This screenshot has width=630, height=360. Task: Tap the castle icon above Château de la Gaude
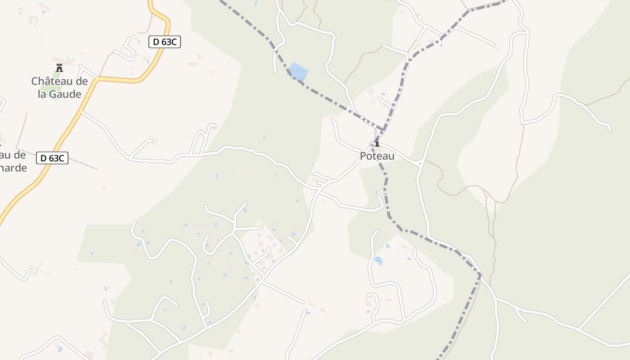click(59, 68)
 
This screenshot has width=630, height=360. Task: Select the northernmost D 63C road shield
click(165, 42)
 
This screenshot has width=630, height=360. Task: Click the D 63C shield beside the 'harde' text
click(52, 158)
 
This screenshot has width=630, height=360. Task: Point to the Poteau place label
click(377, 156)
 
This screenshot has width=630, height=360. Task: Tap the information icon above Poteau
click(377, 143)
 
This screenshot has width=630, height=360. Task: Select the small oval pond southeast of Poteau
click(378, 261)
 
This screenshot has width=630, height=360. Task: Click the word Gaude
click(66, 94)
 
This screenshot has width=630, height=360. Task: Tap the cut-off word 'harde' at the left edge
click(13, 168)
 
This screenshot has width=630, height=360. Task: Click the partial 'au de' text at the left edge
click(13, 155)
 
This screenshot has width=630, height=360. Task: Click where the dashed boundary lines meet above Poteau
click(383, 130)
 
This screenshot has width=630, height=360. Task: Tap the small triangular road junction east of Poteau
click(419, 162)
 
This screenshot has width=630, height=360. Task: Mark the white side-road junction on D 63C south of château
click(82, 111)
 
